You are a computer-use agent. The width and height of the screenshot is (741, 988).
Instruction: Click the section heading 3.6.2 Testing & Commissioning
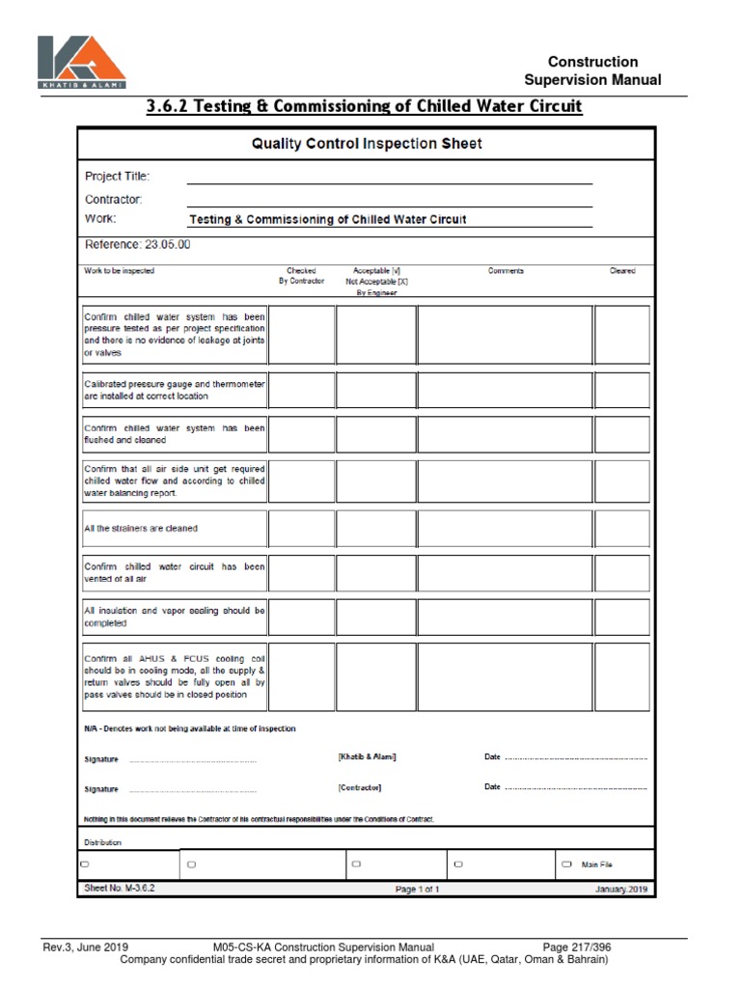(365, 105)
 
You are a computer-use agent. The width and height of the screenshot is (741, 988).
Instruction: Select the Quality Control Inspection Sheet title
(367, 144)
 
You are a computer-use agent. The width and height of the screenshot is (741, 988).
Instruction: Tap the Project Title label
(118, 177)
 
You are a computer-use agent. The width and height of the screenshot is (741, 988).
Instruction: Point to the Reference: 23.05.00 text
(138, 245)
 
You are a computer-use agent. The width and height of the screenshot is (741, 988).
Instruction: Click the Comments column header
(506, 271)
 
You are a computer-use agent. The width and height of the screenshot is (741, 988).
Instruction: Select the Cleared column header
(622, 271)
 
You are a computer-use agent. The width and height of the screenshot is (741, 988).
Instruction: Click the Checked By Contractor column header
(301, 276)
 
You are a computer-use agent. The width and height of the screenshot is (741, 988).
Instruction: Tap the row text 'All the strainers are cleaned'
(142, 529)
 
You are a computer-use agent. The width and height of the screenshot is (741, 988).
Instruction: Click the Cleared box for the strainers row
(621, 529)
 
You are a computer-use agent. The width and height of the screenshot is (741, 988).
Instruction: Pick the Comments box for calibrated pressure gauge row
(505, 390)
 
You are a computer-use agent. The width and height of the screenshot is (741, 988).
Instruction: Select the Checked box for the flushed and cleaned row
(301, 434)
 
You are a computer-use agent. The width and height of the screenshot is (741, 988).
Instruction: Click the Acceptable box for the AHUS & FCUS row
(376, 676)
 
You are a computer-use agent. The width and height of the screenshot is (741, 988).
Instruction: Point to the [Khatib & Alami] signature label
(368, 757)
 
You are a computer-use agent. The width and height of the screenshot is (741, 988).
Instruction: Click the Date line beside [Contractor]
(575, 788)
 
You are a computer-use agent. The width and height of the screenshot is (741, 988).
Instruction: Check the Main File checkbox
(566, 864)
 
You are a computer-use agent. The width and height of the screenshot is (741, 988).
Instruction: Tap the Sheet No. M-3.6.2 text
(120, 889)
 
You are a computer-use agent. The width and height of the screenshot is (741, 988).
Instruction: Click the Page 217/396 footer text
(577, 947)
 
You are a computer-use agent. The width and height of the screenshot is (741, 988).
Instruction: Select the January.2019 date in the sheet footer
(622, 890)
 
